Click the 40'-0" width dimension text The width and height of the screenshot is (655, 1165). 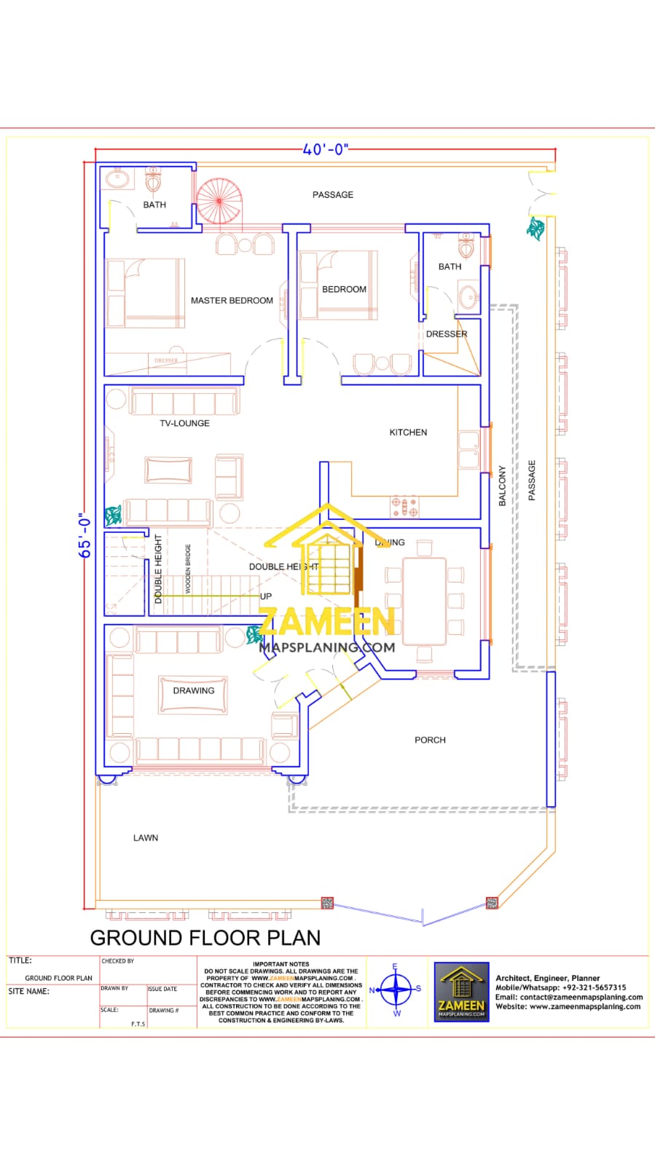pyautogui.click(x=326, y=149)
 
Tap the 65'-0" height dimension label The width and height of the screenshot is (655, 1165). pyautogui.click(x=85, y=536)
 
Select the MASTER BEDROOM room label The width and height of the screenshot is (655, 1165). pyautogui.click(x=232, y=300)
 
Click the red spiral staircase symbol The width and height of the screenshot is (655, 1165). pyautogui.click(x=218, y=200)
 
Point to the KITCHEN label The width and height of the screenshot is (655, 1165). pyautogui.click(x=408, y=433)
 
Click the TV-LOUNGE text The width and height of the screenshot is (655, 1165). pyautogui.click(x=184, y=423)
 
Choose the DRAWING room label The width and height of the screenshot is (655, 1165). pyautogui.click(x=194, y=690)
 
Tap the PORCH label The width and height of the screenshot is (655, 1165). pyautogui.click(x=430, y=740)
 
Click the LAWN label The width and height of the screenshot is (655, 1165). pyautogui.click(x=146, y=838)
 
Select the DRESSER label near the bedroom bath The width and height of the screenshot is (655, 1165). pyautogui.click(x=447, y=334)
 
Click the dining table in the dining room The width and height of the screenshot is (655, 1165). pyautogui.click(x=424, y=601)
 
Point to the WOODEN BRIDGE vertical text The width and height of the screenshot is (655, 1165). pyautogui.click(x=188, y=569)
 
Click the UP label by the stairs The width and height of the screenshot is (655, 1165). pyautogui.click(x=266, y=596)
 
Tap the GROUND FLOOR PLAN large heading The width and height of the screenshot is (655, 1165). pyautogui.click(x=205, y=938)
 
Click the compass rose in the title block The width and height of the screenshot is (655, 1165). pyautogui.click(x=396, y=990)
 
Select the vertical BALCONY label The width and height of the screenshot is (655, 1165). pyautogui.click(x=502, y=486)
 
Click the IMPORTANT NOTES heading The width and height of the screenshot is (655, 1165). pyautogui.click(x=281, y=964)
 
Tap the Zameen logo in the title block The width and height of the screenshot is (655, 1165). pyautogui.click(x=461, y=991)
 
